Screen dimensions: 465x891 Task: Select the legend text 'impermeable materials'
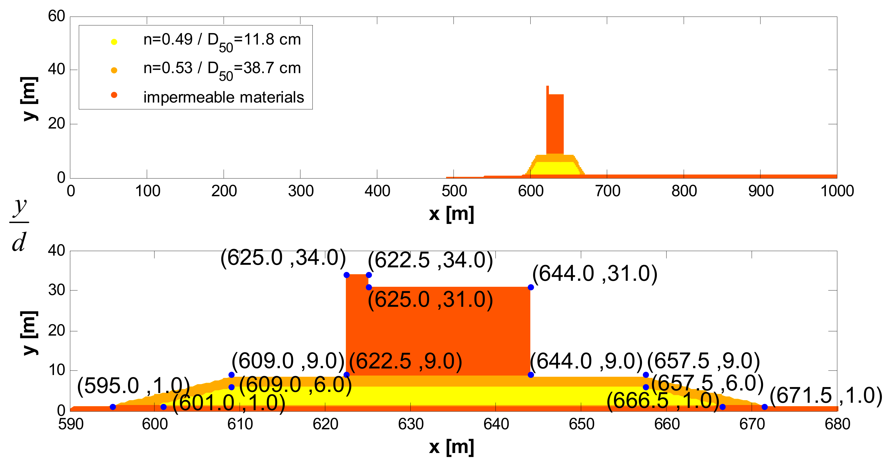point(223,97)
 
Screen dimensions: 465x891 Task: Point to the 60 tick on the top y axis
point(56,16)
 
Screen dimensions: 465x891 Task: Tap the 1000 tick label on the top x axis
point(837,191)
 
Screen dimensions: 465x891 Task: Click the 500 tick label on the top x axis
point(454,191)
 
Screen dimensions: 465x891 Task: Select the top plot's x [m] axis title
point(451,214)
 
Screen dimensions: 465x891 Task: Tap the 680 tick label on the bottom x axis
point(837,424)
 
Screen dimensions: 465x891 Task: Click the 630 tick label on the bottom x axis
point(411,424)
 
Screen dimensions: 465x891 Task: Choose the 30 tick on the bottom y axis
point(56,290)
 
